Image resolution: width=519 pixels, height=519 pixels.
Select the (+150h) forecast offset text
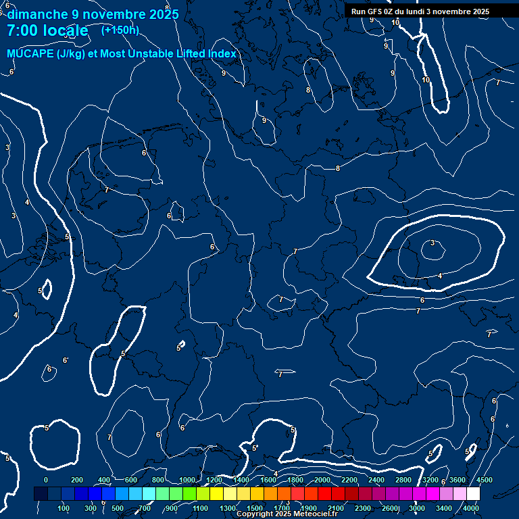[120, 30]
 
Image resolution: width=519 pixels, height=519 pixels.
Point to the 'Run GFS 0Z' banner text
[375, 11]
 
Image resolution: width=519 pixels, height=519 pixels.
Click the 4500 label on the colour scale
[484, 480]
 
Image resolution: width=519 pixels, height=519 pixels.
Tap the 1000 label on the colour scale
[187, 480]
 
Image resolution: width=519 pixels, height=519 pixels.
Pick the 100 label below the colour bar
[64, 508]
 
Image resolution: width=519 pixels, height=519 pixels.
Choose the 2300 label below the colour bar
[363, 508]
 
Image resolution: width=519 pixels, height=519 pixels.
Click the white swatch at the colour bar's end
[473, 494]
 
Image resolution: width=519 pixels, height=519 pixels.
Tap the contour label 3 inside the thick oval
[432, 243]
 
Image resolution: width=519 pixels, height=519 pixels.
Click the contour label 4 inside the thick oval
[440, 276]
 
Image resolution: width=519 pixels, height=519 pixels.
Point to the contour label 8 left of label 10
[308, 90]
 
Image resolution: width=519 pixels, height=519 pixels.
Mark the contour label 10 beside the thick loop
[426, 80]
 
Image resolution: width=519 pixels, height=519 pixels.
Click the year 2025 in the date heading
[163, 14]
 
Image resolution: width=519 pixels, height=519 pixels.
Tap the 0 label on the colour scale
[46, 480]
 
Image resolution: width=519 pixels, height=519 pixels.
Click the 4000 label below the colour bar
[471, 508]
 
